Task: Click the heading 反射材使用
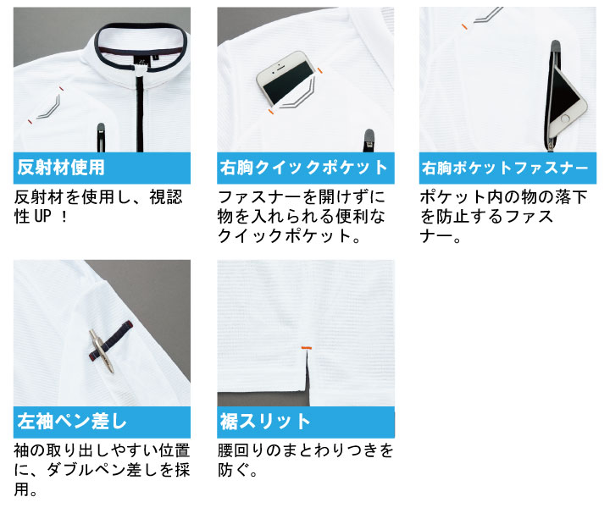[61, 168]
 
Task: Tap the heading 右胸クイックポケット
[304, 168]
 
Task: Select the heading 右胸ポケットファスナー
[505, 168]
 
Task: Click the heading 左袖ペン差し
[72, 421]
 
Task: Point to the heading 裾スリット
[265, 421]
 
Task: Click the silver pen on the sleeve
[102, 351]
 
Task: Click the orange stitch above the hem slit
[307, 346]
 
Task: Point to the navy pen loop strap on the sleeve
[111, 340]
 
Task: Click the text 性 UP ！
[42, 216]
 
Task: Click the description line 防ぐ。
[237, 470]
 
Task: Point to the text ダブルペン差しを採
[119, 470]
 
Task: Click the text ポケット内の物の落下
[503, 196]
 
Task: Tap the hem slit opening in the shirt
[308, 370]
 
